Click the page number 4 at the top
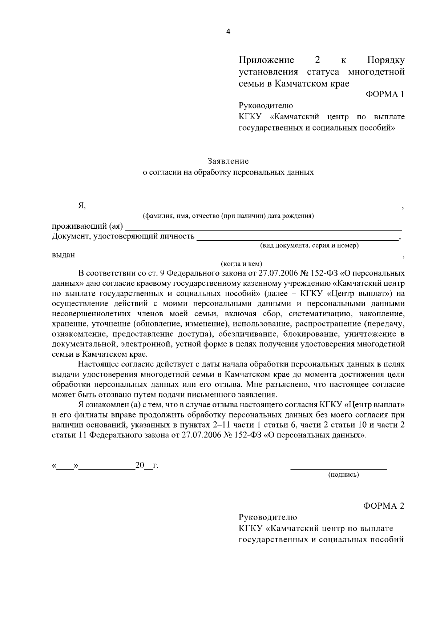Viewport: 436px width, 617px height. click(228, 32)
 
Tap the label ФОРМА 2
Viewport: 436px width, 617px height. click(384, 506)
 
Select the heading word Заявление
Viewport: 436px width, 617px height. click(228, 161)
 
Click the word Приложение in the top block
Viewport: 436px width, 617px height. click(266, 60)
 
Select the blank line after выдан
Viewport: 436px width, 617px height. click(240, 257)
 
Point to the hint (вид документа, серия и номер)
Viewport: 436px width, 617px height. click(310, 245)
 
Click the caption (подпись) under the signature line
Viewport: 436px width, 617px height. click(343, 474)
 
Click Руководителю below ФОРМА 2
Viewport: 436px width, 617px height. click(268, 517)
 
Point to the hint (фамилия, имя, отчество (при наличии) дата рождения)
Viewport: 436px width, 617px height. click(228, 216)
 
